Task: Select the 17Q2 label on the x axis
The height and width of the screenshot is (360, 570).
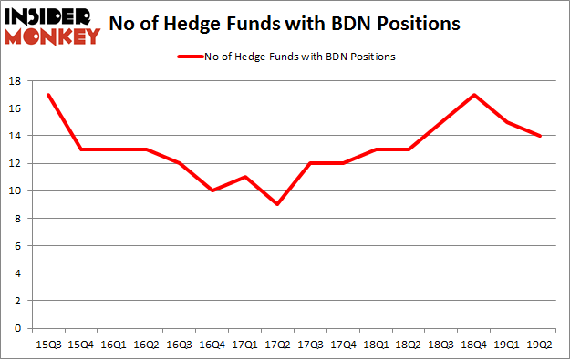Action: [x=277, y=344]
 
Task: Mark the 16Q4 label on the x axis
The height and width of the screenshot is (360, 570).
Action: [x=212, y=344]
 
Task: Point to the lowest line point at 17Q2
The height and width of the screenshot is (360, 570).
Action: [x=277, y=204]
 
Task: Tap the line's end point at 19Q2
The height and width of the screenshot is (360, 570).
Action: [x=540, y=136]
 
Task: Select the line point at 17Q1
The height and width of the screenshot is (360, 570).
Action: [x=244, y=177]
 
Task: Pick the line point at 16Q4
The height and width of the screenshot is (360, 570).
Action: [x=212, y=190]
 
